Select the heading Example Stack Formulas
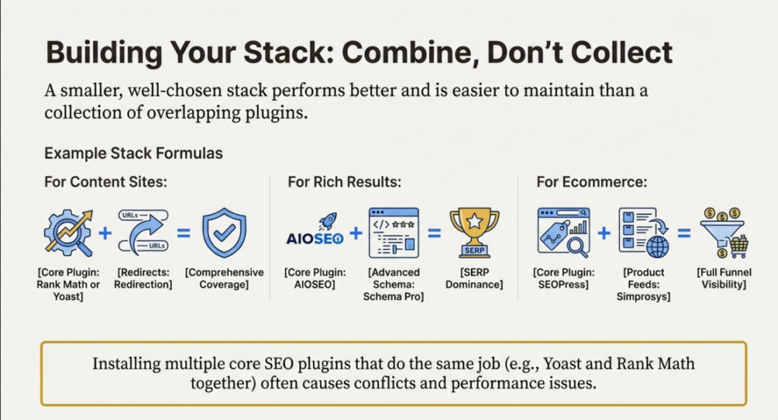click(x=133, y=153)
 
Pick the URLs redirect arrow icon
click(x=145, y=231)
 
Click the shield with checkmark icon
click(x=223, y=232)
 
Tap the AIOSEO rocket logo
click(x=315, y=231)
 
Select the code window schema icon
click(x=394, y=231)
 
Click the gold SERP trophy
click(x=473, y=231)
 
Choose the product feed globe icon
click(x=642, y=232)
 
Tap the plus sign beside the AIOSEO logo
click(x=355, y=231)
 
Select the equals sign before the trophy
click(x=434, y=231)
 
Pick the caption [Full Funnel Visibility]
click(x=722, y=278)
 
